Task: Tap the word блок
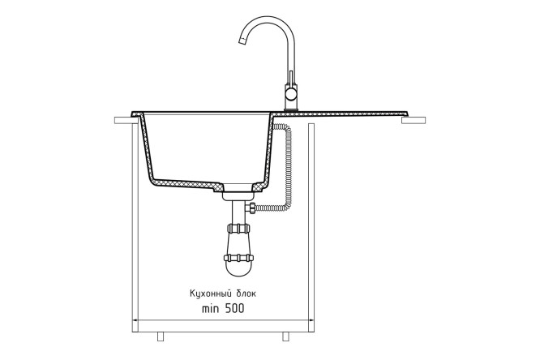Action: tap(246, 294)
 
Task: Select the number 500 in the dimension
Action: tap(234, 309)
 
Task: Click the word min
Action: tap(211, 309)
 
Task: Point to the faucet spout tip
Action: tap(243, 41)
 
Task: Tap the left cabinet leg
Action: tap(161, 336)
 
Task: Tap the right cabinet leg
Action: tap(285, 336)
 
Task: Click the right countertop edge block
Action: tap(414, 120)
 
